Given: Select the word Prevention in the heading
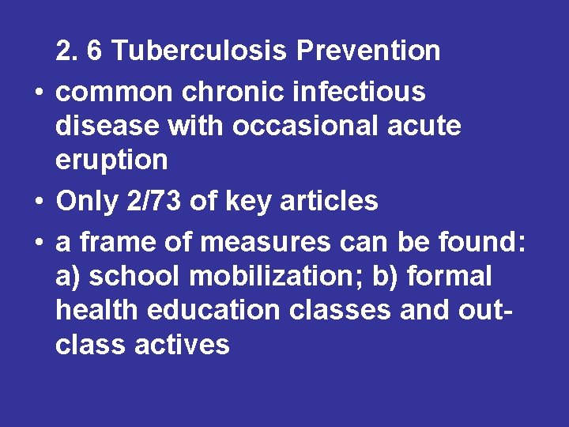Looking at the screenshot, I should click(x=368, y=51).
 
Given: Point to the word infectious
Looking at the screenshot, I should click(x=359, y=93).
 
